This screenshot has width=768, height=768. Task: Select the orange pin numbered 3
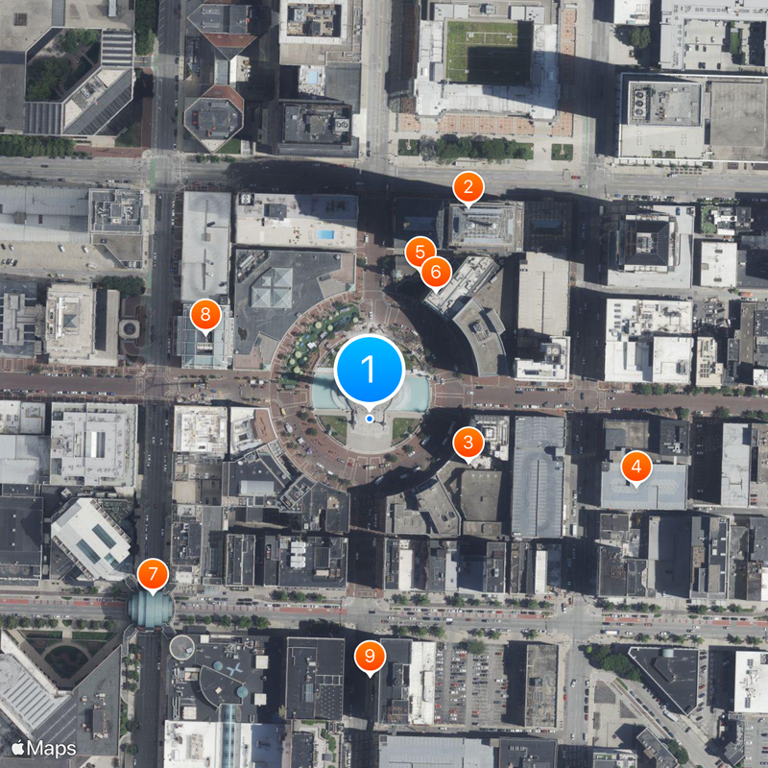[468, 443]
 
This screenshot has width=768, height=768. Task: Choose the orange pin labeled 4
[636, 468]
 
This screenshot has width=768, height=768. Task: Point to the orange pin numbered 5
[420, 252]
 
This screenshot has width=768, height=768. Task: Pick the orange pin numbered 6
[436, 272]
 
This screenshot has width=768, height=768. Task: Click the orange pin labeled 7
[152, 575]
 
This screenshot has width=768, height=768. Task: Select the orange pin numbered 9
[370, 657]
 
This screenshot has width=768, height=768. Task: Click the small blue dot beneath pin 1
[370, 419]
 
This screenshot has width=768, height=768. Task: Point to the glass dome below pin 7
[152, 609]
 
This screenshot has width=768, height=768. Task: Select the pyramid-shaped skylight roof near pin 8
[272, 288]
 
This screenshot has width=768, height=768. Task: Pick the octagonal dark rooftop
[213, 118]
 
